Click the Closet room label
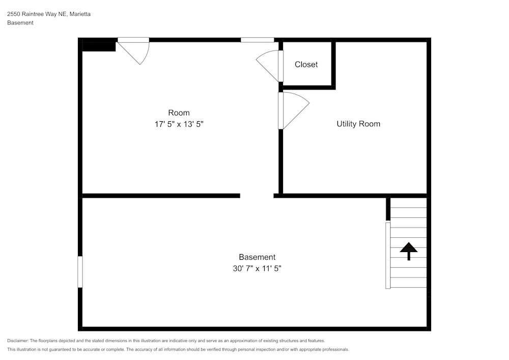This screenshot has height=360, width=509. [x=306, y=65]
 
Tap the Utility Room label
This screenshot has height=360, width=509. [x=358, y=124]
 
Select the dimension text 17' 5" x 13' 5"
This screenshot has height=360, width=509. [x=179, y=124]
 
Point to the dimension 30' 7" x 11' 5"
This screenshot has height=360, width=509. [x=257, y=268]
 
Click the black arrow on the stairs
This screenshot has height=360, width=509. [x=409, y=250]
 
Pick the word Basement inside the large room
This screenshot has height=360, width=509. [x=257, y=257]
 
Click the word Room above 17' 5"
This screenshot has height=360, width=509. [x=179, y=113]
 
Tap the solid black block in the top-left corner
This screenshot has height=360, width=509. [x=99, y=45]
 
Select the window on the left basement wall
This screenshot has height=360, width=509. [x=80, y=271]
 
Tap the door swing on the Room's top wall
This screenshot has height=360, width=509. [x=135, y=51]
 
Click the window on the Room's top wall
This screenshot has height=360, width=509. [x=257, y=40]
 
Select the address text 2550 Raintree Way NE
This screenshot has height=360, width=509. [x=37, y=14]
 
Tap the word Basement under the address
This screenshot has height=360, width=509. [x=20, y=23]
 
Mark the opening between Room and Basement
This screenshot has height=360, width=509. [x=257, y=196]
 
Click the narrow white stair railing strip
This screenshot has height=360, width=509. [x=388, y=255]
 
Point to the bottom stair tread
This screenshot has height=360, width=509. [x=409, y=283]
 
